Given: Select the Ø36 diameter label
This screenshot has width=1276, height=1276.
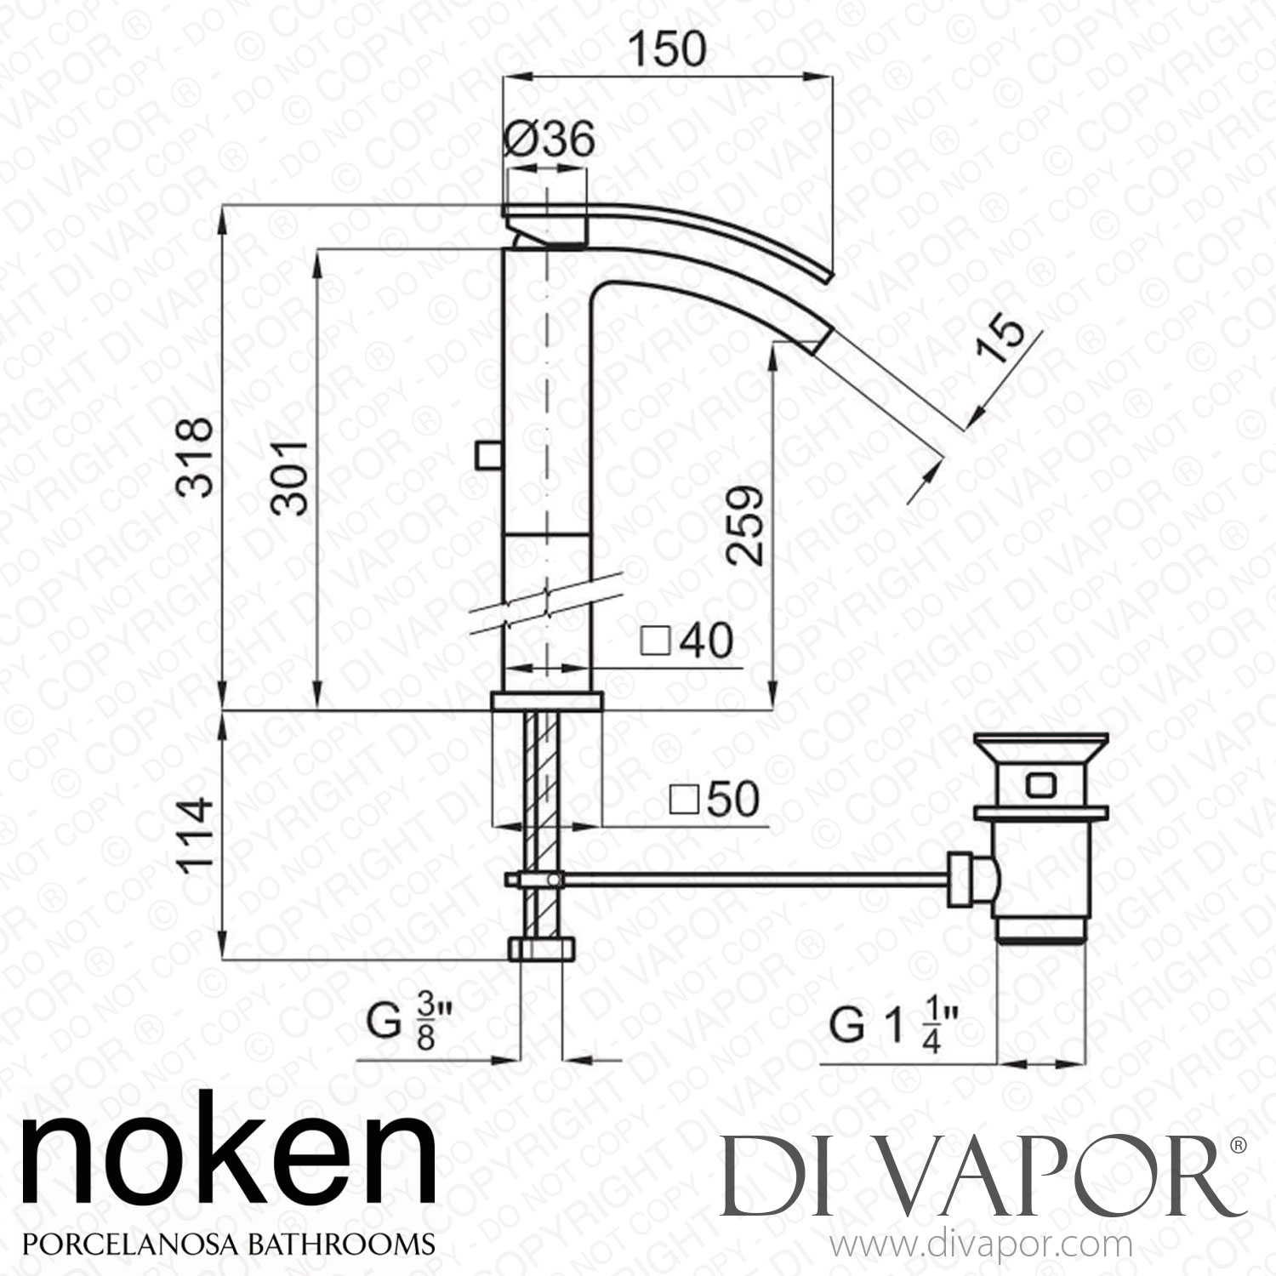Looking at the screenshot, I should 548,139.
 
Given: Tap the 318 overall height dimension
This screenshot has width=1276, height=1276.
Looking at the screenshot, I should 195,457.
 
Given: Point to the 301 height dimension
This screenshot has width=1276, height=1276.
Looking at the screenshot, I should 288,477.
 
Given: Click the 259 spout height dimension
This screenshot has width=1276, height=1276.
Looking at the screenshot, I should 743,525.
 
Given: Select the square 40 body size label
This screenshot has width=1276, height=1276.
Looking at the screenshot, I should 686,641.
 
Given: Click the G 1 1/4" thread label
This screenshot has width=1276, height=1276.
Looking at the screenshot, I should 894,1026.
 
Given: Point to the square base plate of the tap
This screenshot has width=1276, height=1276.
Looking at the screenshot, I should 547,701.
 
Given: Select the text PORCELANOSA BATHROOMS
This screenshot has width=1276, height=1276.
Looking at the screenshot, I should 228,1243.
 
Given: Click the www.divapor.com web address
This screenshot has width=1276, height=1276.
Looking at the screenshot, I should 983,1246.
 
